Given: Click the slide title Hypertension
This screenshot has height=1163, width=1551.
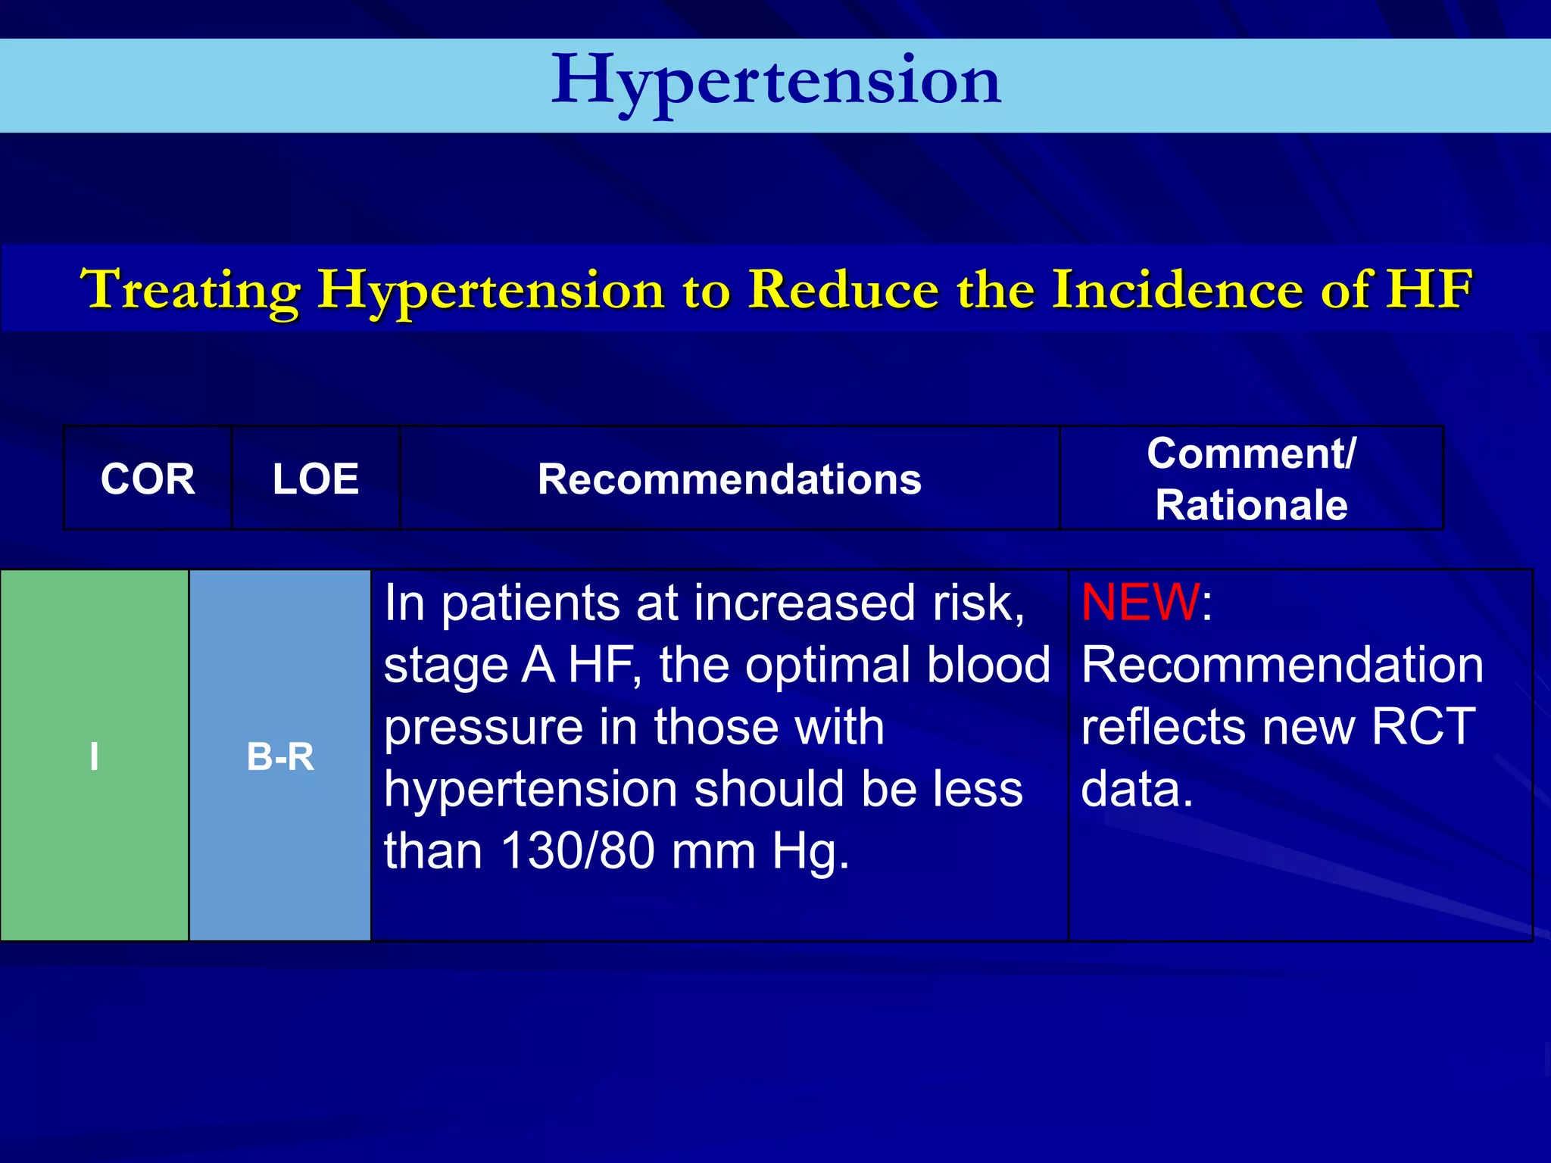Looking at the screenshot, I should point(775,82).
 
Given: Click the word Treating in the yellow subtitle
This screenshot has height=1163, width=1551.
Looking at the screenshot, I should point(190,290).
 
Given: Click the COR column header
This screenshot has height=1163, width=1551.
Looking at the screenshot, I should point(148,479).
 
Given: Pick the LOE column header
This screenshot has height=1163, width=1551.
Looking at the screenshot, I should point(315,479).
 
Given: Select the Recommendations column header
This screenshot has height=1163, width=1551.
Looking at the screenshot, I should point(729,479).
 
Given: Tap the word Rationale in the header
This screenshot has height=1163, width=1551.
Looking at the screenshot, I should point(1251,505).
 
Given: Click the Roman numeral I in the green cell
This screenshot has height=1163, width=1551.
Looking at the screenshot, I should point(94,756).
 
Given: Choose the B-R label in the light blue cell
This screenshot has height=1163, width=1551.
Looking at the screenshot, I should point(280,756).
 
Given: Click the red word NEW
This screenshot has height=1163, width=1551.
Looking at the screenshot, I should point(1140,603).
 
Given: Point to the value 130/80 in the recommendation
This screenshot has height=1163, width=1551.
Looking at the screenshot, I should point(578,851).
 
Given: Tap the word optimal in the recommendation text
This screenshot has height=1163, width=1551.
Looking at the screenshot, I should point(827,666).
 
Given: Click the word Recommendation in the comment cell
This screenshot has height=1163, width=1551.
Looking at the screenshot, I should point(1281,666).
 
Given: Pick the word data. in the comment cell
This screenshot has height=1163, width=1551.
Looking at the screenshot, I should point(1136,789).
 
